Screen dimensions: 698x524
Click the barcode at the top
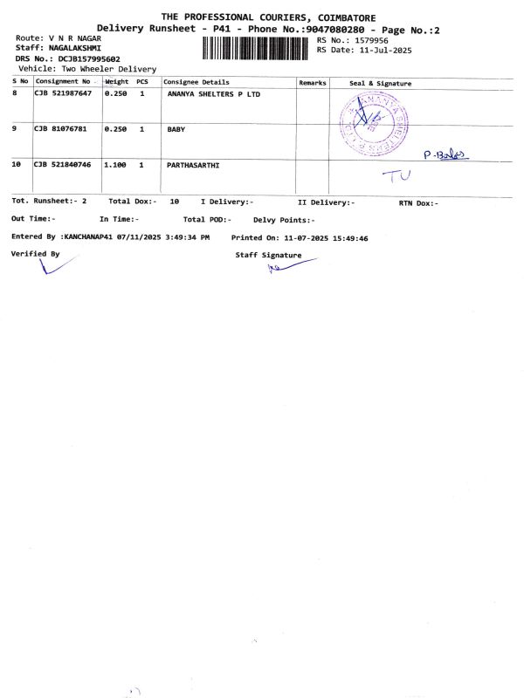tap(257, 47)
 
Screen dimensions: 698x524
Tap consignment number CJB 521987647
tap(62, 93)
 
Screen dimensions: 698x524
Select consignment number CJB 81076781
tap(59, 129)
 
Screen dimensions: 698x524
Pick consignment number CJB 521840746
tap(62, 164)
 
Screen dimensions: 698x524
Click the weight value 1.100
tap(115, 164)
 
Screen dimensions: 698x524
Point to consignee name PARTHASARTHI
tap(193, 164)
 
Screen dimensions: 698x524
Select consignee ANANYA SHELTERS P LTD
tap(213, 93)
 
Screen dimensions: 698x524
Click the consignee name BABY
tap(176, 129)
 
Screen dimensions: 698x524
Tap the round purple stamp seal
tap(374, 122)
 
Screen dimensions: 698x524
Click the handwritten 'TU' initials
tap(397, 175)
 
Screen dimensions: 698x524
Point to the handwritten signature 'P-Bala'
tap(445, 154)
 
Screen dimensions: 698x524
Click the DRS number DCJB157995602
tap(89, 58)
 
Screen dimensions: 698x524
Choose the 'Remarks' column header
tap(312, 82)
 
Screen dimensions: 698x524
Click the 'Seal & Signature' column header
tap(380, 83)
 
